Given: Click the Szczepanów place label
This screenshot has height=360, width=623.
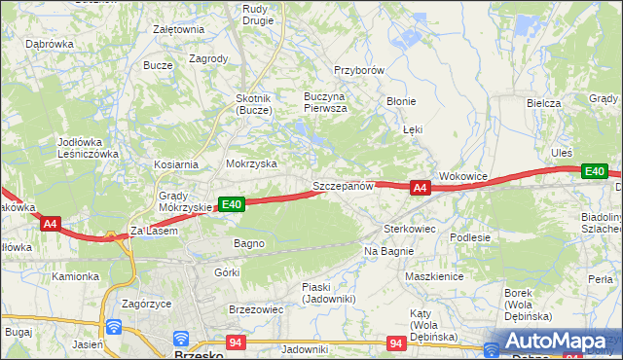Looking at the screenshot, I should click(343, 185).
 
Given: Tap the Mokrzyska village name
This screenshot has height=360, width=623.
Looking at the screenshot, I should click(251, 164).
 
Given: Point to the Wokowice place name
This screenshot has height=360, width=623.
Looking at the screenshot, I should click(462, 176).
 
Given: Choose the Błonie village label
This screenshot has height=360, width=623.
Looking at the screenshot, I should click(401, 100).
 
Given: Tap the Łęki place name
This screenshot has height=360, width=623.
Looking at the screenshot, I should click(413, 128).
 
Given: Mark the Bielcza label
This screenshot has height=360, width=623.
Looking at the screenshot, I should click(543, 102).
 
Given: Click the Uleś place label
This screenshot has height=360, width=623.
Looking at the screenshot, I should click(562, 153).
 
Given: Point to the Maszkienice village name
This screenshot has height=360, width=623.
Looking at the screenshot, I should click(433, 276).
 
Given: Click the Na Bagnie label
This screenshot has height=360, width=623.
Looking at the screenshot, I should click(389, 251).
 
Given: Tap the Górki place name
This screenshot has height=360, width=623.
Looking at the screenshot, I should click(227, 272).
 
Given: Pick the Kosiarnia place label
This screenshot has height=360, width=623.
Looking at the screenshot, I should click(175, 164).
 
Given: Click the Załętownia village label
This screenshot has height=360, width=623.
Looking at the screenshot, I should click(178, 29).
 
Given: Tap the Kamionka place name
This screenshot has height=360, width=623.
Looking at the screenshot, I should click(76, 276).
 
